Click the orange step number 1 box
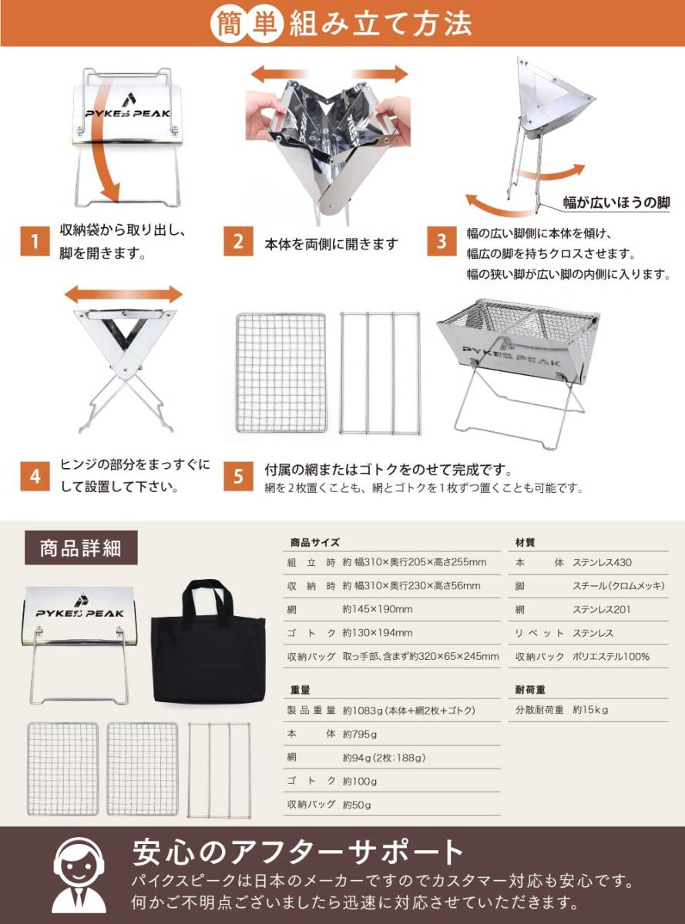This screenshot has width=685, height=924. [x=33, y=241]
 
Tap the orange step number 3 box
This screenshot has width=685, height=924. [x=442, y=241]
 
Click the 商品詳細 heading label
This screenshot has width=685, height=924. [x=81, y=548]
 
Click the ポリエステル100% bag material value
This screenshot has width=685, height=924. [x=611, y=656]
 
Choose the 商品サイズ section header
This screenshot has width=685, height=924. [x=314, y=543]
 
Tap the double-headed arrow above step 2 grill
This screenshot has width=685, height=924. [x=329, y=75]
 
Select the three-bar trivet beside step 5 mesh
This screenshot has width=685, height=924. [x=380, y=373]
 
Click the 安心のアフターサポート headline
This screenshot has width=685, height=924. [x=299, y=852]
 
